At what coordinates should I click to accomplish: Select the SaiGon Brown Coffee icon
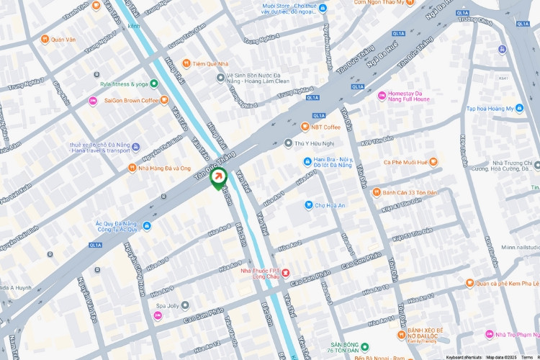92,100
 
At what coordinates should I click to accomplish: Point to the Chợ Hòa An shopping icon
308,204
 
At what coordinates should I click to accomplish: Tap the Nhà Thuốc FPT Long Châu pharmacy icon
285,273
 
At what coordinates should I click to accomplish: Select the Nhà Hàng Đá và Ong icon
132,168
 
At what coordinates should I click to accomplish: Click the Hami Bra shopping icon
306,161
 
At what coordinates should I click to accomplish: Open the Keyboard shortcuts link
464,356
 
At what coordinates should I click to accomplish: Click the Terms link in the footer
527,356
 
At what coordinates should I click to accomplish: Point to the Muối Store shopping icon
323,7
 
